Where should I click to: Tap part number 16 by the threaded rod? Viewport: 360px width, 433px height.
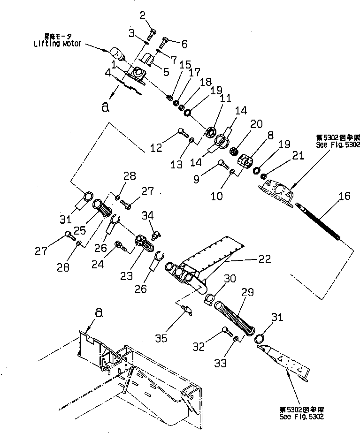tap(344, 196)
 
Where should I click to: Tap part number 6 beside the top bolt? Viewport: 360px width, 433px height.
tap(183, 45)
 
